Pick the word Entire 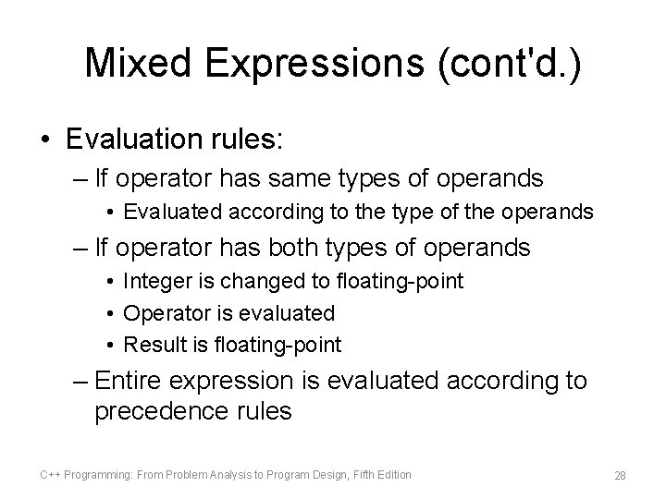(x=135, y=380)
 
